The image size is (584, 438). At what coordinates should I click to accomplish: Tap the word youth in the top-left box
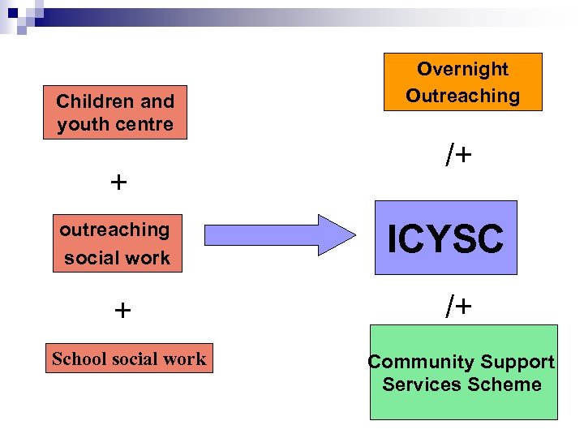click(x=79, y=125)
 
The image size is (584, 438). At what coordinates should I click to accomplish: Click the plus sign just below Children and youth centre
click(x=118, y=182)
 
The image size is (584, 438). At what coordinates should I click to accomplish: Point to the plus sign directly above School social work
click(x=122, y=310)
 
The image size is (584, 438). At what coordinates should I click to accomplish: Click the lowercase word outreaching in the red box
click(x=114, y=230)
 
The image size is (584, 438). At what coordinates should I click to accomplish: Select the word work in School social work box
click(x=187, y=359)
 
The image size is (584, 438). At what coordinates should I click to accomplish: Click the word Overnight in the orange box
click(x=462, y=70)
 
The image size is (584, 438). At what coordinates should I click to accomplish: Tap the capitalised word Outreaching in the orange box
click(x=462, y=96)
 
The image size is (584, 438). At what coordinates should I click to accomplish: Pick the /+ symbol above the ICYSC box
click(x=458, y=156)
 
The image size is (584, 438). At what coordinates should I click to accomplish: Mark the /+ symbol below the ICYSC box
click(x=458, y=306)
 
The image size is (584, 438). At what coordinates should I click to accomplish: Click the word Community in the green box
click(x=422, y=363)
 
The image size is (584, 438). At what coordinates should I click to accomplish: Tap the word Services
click(x=419, y=384)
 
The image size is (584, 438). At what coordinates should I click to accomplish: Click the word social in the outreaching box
click(x=88, y=259)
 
